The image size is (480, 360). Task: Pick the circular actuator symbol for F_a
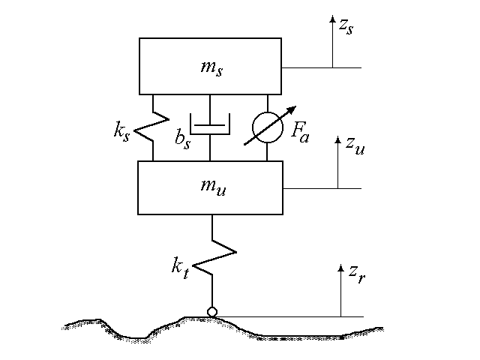coord(268,127)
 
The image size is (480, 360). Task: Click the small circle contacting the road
coord(212,311)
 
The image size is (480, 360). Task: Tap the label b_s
coord(181,140)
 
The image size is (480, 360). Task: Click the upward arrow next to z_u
coord(338,165)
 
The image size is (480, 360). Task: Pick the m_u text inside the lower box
coord(211,188)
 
